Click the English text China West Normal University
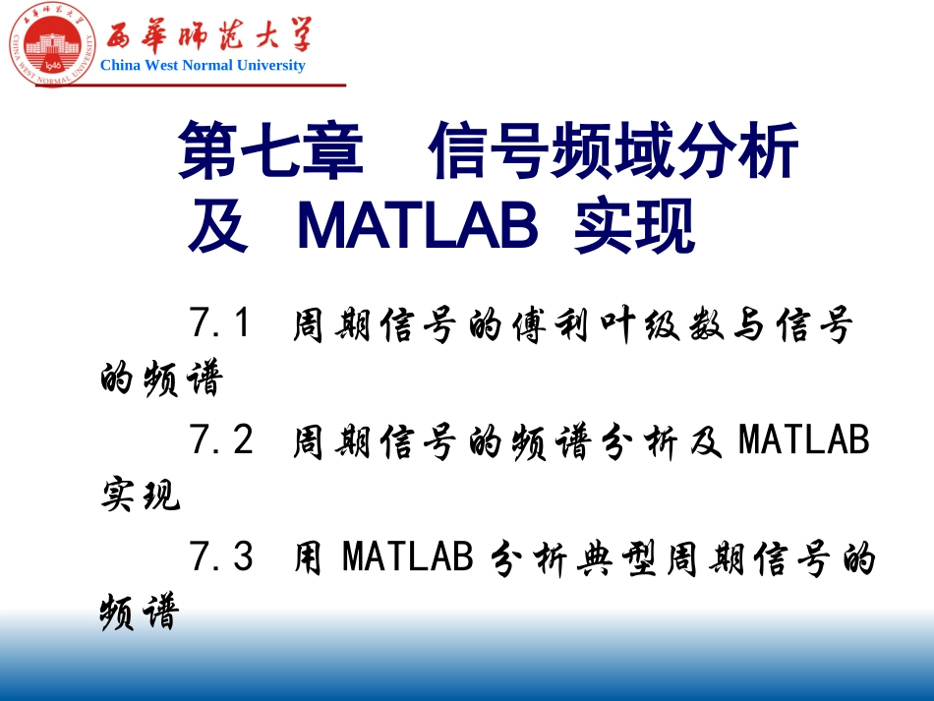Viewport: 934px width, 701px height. click(203, 66)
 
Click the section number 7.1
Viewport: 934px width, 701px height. click(221, 323)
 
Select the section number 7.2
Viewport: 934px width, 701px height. click(221, 440)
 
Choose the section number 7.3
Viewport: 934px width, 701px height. click(221, 557)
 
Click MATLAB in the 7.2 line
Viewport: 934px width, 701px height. click(804, 440)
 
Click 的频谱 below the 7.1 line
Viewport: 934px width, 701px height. click(161, 379)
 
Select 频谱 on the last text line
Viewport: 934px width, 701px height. click(141, 613)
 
